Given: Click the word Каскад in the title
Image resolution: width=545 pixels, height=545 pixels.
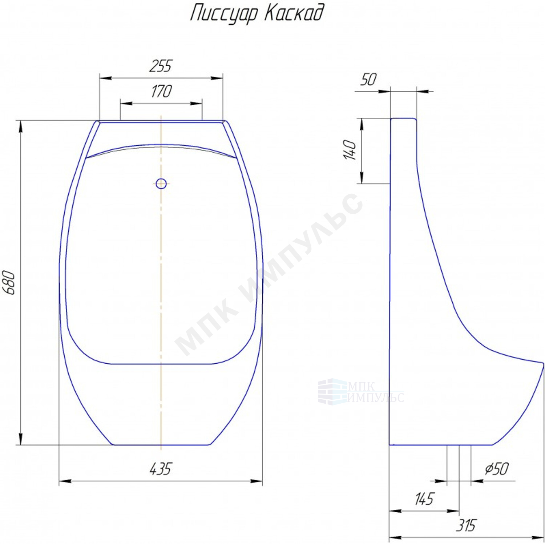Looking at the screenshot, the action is pos(294,13).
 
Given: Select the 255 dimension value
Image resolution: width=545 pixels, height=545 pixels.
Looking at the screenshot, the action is pos(161,66).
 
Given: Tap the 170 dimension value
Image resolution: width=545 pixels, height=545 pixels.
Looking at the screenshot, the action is pos(161,92).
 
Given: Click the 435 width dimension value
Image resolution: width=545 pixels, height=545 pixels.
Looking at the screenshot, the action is pos(160,469).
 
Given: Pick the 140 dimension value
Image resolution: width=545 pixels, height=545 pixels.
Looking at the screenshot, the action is pos(350,149).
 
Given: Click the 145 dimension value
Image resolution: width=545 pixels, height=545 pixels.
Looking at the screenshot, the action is pos(424,499).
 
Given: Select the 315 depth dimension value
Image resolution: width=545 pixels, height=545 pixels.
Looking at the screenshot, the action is pos(466,525).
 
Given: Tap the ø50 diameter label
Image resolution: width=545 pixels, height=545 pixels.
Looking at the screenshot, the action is pos(497,469).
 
